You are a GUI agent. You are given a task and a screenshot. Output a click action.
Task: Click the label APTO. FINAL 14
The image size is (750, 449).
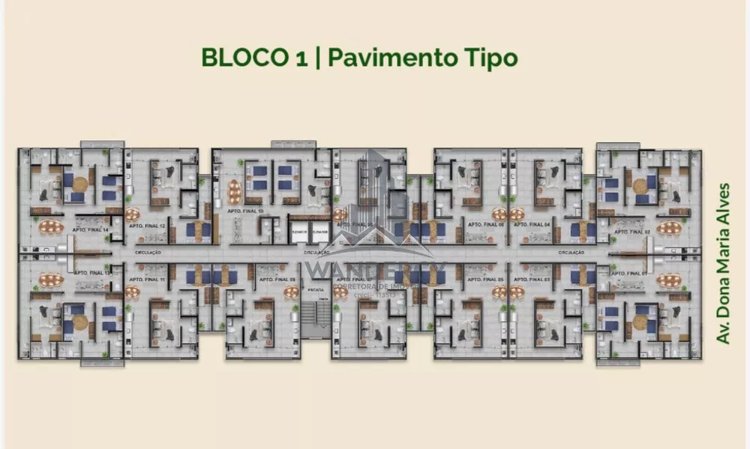click(90, 229)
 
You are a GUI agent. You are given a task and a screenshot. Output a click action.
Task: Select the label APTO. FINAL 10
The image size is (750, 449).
click(250, 212)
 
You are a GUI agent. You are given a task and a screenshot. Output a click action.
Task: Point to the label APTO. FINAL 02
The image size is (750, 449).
click(631, 232)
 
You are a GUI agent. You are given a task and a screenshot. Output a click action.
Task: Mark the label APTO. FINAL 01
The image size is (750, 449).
click(631, 274)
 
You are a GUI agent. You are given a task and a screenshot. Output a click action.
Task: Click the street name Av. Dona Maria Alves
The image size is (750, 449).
click(723, 262)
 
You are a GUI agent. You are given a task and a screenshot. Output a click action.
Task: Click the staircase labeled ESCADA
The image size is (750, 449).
click(315, 315)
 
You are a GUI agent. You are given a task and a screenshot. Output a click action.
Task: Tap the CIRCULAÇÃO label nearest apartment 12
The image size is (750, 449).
click(148, 253)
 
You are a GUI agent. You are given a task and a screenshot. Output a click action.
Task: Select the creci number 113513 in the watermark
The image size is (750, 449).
click(382, 295)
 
